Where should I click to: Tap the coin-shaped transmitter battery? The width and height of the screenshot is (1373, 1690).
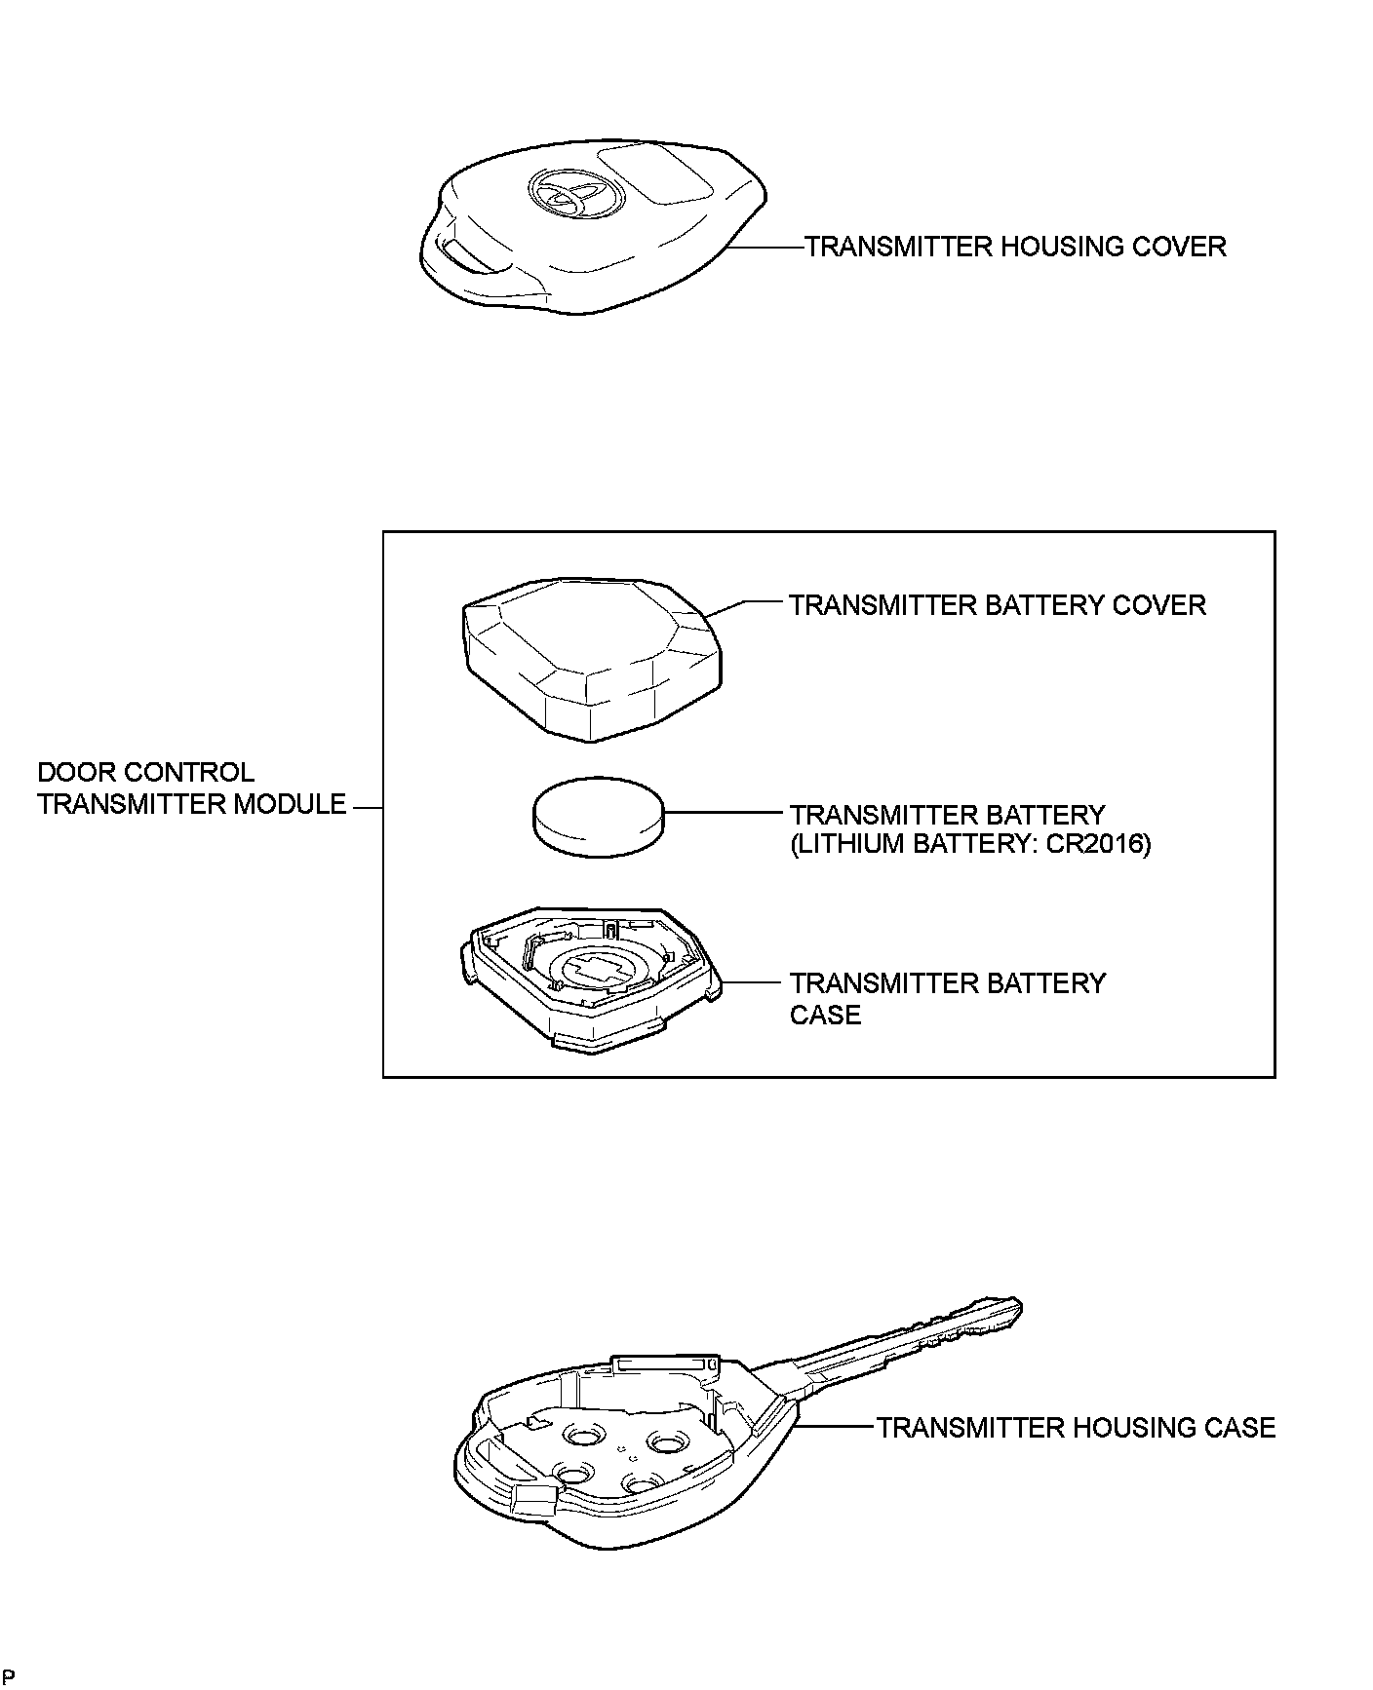pos(598,816)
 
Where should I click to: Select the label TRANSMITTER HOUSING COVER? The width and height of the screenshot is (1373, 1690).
pos(1015,247)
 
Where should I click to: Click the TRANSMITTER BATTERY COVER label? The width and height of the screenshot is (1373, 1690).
pos(998,605)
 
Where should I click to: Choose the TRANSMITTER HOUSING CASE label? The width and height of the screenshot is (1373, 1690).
pos(1076,1428)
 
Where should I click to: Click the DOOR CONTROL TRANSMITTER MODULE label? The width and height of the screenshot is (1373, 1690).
pos(191,788)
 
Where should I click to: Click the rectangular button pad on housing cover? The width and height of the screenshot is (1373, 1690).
pos(654,175)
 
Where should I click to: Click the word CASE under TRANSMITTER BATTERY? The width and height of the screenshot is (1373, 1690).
pos(825,1016)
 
